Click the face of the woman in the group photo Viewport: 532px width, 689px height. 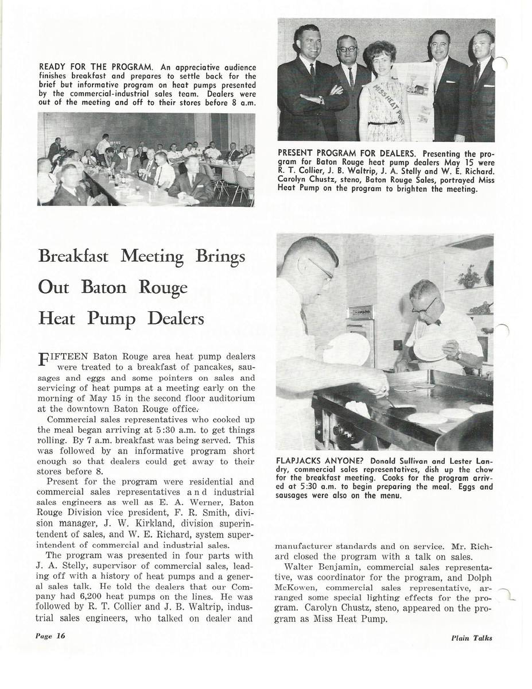tap(380, 60)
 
